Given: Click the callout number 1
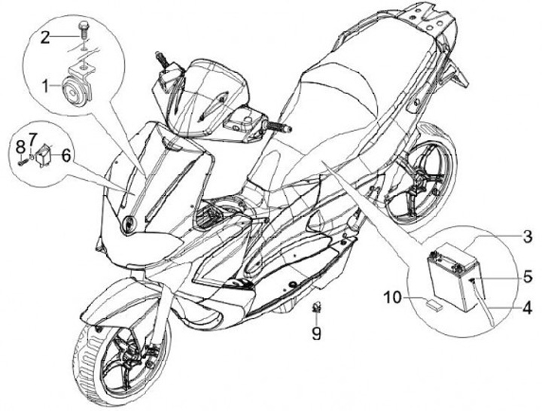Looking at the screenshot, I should click(47, 86).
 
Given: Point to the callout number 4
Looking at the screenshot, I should click(528, 307).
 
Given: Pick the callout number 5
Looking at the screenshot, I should click(528, 276).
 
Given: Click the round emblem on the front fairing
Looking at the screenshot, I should click(129, 223).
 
